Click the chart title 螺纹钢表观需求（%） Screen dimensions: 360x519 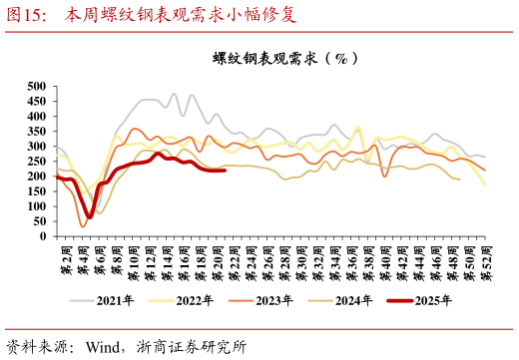coord(285,58)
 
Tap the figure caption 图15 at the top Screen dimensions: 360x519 coord(24,15)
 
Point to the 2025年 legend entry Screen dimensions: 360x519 coord(418,299)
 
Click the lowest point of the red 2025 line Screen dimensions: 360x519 coord(90,216)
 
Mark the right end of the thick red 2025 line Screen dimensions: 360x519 coord(225,171)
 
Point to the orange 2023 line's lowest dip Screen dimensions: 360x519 coord(83,226)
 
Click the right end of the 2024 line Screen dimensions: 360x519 coord(459,179)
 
